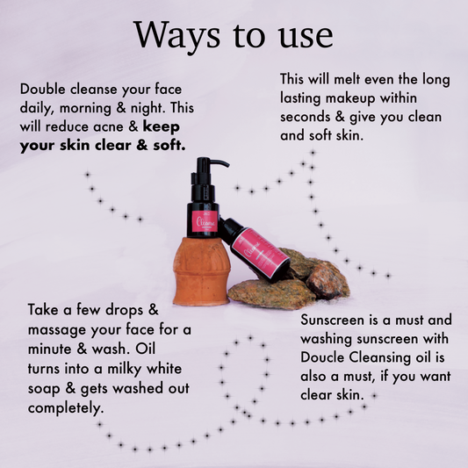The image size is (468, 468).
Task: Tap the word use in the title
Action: pyautogui.click(x=305, y=35)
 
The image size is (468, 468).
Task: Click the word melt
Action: pyautogui.click(x=357, y=78)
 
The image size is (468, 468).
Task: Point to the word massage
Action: pyautogui.click(x=59, y=330)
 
